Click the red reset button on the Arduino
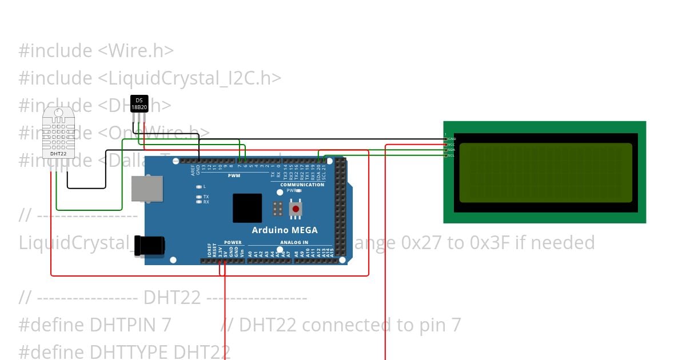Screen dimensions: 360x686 click(296, 210)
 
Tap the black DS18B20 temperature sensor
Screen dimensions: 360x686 click(139, 103)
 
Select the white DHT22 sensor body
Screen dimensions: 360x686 click(58, 133)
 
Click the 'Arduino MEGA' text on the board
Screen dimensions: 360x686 click(285, 230)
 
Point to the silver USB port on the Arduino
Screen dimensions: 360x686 click(146, 189)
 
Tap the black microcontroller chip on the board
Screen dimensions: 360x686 click(247, 208)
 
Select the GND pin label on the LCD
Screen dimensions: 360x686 click(452, 139)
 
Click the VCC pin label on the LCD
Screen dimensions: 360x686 click(452, 145)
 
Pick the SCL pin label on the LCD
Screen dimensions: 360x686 click(451, 155)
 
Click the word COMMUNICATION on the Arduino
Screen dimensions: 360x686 click(302, 185)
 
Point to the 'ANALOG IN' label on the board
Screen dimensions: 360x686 click(294, 242)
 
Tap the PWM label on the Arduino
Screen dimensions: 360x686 click(234, 175)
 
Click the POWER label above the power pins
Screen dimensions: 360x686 click(233, 242)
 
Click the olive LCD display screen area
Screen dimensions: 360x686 click(545, 173)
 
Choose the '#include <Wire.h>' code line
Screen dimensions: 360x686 click(96, 51)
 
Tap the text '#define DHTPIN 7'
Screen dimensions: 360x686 click(95, 325)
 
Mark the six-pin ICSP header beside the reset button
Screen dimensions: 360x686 click(278, 209)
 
